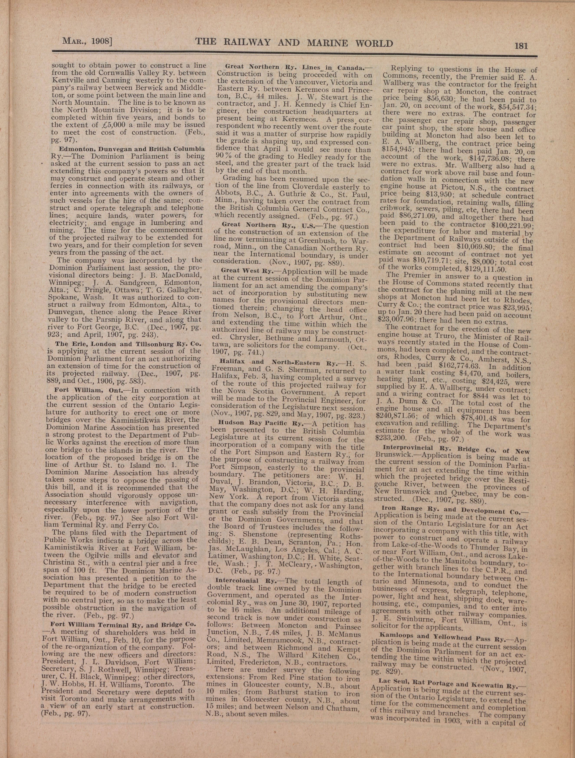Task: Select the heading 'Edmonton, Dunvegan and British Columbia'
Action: click(x=132, y=149)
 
